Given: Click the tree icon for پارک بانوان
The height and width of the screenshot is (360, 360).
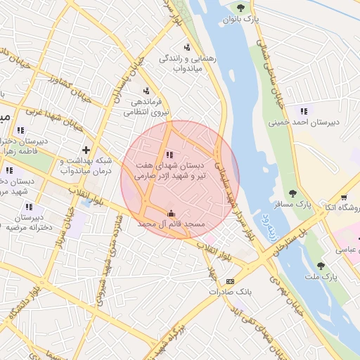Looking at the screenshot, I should pos(241,8).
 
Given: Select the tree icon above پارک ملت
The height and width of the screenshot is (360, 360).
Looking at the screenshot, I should pos(321,266).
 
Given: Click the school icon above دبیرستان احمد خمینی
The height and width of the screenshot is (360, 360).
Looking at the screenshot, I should pos(304,111).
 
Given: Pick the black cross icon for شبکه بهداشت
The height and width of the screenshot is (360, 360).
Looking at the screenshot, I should pos(86,150).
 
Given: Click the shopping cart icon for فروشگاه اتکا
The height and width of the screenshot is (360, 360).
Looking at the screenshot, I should pos(343,198).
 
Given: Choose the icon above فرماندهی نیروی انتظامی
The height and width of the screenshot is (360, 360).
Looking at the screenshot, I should pos(146,91).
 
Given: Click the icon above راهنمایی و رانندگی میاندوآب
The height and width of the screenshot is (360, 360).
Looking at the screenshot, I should pos(186,47).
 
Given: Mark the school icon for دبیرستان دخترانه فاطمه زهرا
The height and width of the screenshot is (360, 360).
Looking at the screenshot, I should pos(20,130).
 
